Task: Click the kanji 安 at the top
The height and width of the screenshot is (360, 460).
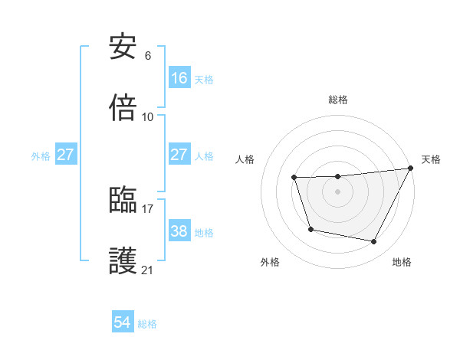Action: [123, 47]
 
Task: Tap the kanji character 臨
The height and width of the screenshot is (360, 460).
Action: [123, 200]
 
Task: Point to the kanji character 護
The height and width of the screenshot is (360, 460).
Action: [123, 261]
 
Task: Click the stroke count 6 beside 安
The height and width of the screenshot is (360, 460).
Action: [148, 56]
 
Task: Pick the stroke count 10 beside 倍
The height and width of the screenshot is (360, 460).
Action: [148, 116]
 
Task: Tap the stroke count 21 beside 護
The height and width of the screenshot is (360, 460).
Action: [148, 270]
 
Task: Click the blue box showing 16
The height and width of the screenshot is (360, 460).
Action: [179, 77]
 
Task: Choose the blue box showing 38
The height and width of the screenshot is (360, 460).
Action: [179, 231]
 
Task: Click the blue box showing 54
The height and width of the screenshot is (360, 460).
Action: [123, 322]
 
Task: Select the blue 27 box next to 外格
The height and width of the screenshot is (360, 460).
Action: [66, 155]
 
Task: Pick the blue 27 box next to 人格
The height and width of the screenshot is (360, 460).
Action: [179, 155]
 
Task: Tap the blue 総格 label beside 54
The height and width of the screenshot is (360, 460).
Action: [147, 324]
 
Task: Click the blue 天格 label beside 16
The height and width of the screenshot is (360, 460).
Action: [204, 79]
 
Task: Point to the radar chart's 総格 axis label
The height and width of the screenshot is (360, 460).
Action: [338, 100]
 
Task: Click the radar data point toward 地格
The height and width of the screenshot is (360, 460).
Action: [374, 242]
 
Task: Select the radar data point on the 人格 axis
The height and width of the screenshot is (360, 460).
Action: [294, 178]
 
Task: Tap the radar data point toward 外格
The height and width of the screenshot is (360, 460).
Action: [310, 229]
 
